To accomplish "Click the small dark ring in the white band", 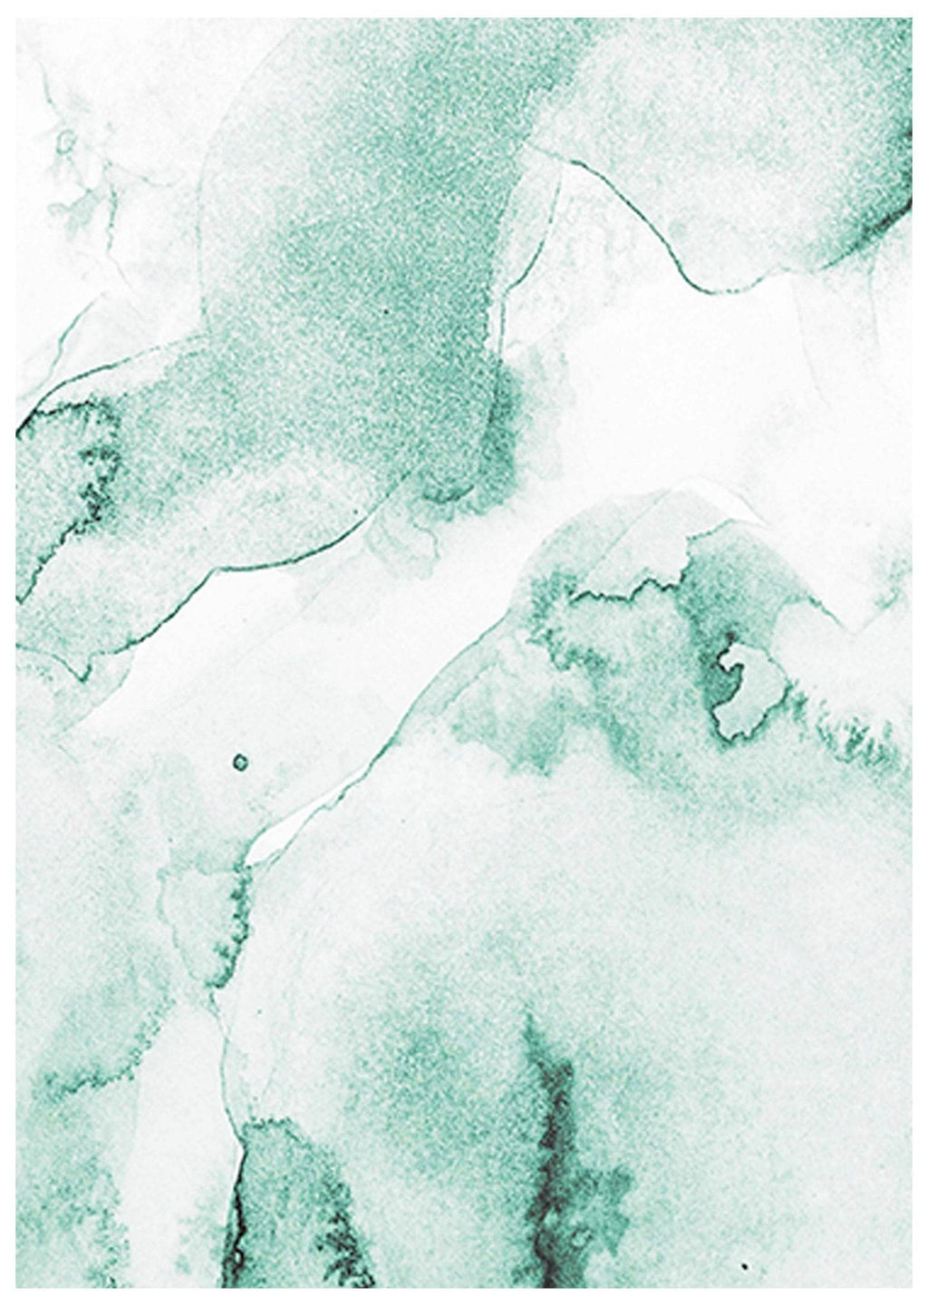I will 240,762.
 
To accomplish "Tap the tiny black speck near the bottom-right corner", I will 745,1265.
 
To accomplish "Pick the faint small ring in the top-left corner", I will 65,141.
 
